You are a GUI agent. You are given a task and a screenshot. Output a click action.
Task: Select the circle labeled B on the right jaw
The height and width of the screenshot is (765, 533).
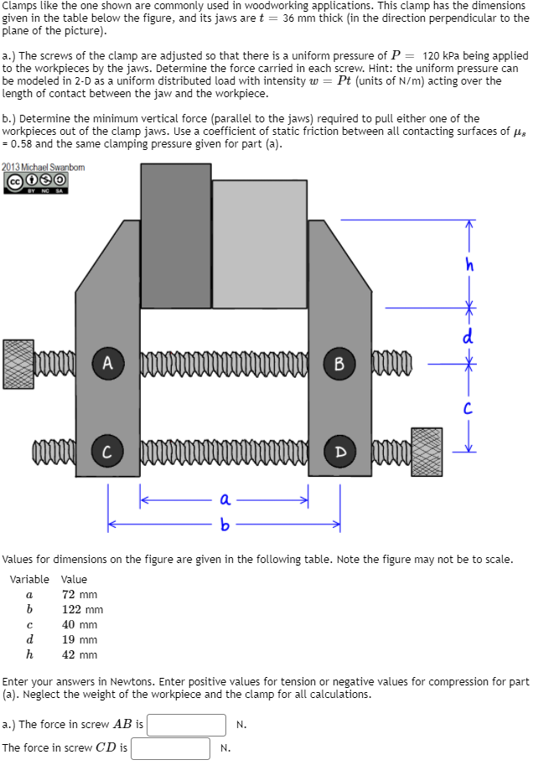[x=339, y=364]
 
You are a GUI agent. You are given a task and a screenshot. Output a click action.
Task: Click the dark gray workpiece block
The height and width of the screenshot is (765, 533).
[x=176, y=235]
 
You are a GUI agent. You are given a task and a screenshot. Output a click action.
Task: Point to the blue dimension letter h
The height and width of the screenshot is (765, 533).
[x=470, y=266]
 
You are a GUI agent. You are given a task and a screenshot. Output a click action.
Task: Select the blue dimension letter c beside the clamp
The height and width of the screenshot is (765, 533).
[x=470, y=409]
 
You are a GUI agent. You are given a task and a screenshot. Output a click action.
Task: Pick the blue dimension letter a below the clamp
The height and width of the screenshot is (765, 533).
[x=225, y=499]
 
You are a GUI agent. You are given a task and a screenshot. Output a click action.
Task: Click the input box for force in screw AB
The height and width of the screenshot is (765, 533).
[x=187, y=725]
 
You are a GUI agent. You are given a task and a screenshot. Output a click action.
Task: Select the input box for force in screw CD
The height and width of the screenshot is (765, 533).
[x=170, y=748]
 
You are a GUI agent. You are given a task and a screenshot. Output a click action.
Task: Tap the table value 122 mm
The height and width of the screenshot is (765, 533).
[x=83, y=609]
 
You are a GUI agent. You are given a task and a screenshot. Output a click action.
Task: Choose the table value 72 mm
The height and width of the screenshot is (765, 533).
[x=80, y=594]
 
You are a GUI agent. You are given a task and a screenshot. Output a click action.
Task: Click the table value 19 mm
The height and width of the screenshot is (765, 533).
[x=80, y=639]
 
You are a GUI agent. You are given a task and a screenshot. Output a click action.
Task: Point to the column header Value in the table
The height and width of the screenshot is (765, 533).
[x=74, y=579]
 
